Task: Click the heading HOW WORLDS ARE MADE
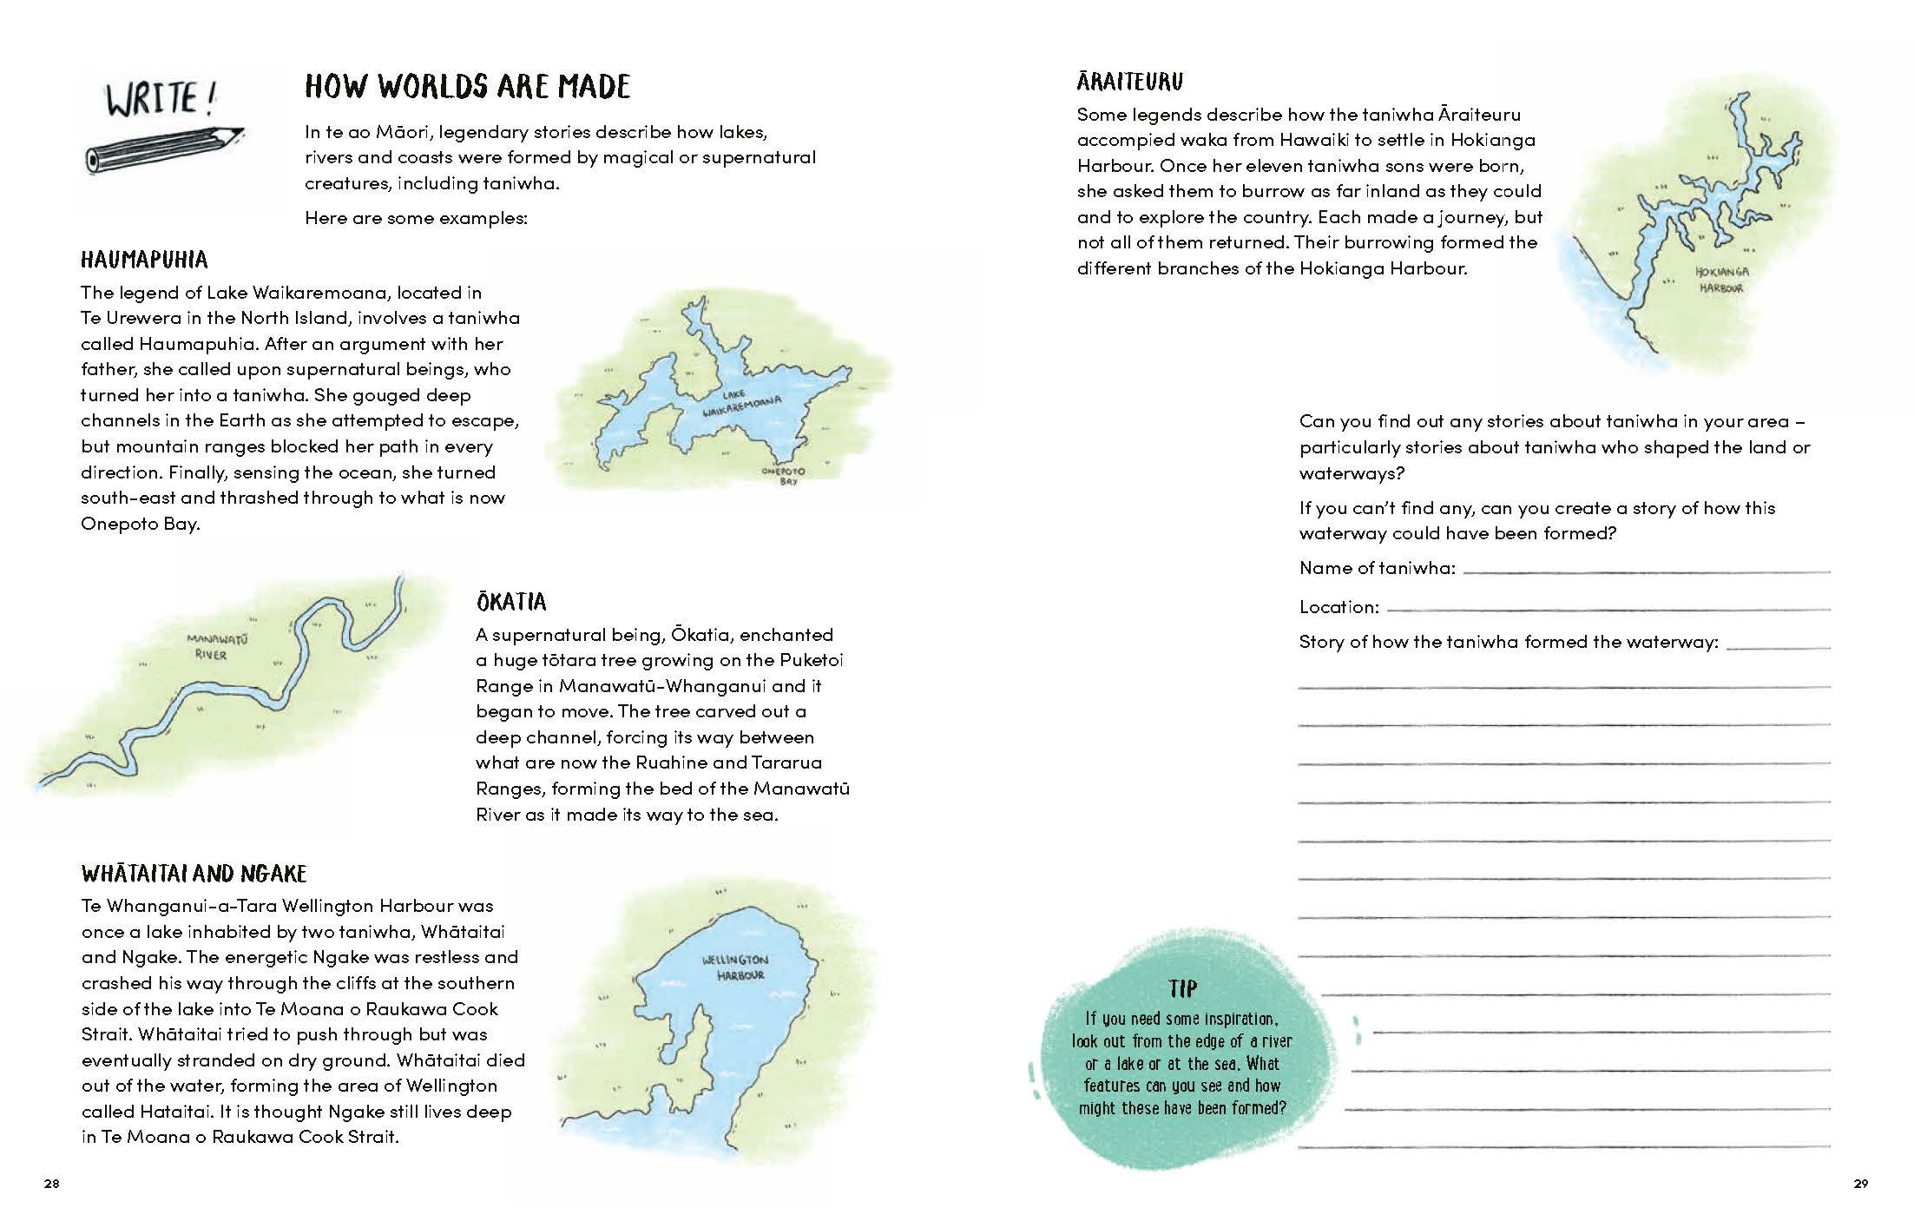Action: point(467,86)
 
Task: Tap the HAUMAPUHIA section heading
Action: point(144,260)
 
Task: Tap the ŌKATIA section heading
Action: point(510,602)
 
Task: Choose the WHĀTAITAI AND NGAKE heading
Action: point(194,873)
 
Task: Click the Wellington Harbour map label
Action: point(735,967)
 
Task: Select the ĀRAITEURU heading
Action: point(1129,82)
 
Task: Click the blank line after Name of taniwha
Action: point(1646,571)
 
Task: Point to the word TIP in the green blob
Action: point(1182,988)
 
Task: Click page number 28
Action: point(51,1183)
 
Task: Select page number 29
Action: point(1860,1183)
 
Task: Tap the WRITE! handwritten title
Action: point(161,98)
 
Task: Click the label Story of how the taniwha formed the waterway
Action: point(1508,642)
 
